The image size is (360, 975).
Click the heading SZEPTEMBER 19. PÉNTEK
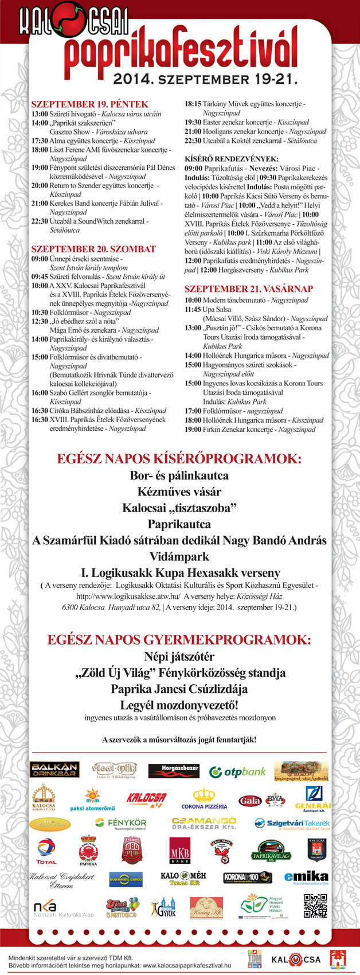[89, 104]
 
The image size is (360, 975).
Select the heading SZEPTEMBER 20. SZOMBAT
[93, 249]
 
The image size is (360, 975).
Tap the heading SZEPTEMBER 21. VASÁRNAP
[248, 288]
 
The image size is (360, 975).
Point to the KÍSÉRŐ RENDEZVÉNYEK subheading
[231, 159]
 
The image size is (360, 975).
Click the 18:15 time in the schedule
[193, 104]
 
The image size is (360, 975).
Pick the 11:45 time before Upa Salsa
[193, 309]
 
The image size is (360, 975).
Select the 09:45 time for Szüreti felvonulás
[40, 276]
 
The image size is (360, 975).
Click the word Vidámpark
[179, 556]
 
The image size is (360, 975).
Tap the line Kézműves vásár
[179, 492]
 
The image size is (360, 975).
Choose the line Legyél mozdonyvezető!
[179, 705]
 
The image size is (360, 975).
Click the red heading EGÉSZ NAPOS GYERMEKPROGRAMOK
[179, 639]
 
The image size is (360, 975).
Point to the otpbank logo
[237, 772]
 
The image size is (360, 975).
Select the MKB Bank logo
[179, 850]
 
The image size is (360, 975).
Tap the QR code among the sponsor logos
[315, 906]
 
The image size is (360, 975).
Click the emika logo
[306, 877]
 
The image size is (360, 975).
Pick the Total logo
[46, 851]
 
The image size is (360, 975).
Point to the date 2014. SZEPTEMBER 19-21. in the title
[205, 79]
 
